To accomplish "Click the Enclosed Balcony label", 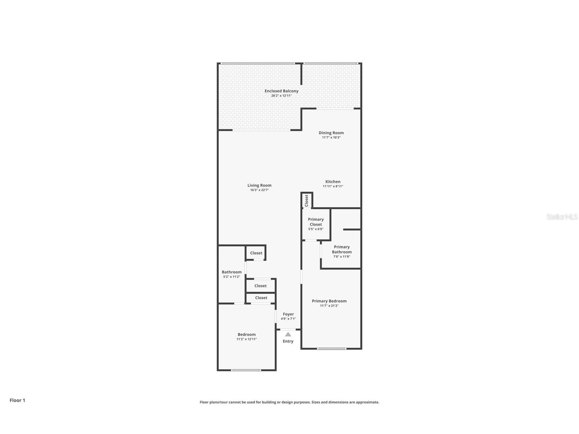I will [x=281, y=91].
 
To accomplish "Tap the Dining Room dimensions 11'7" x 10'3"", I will [x=331, y=138].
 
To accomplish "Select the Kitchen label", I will [x=333, y=182].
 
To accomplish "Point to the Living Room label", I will [x=259, y=185].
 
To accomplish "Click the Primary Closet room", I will [x=316, y=224].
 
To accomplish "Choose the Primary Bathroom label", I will [x=342, y=249].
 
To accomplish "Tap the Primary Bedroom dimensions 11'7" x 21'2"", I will [x=329, y=306].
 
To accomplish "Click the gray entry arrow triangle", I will [x=288, y=334].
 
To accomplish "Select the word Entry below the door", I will [x=288, y=341].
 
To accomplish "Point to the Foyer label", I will [x=288, y=314].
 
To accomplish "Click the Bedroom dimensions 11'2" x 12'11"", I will [x=246, y=339].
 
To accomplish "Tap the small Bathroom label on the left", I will [x=232, y=272].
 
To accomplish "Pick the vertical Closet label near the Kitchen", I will [x=306, y=201].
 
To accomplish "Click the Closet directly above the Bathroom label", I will [x=256, y=253].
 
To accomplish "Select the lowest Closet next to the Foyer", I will [x=261, y=298].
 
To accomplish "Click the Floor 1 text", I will [x=17, y=400].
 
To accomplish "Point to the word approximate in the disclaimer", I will [x=367, y=402].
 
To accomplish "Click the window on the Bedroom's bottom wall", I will [x=246, y=370].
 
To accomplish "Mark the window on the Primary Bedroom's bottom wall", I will [x=332, y=349].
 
